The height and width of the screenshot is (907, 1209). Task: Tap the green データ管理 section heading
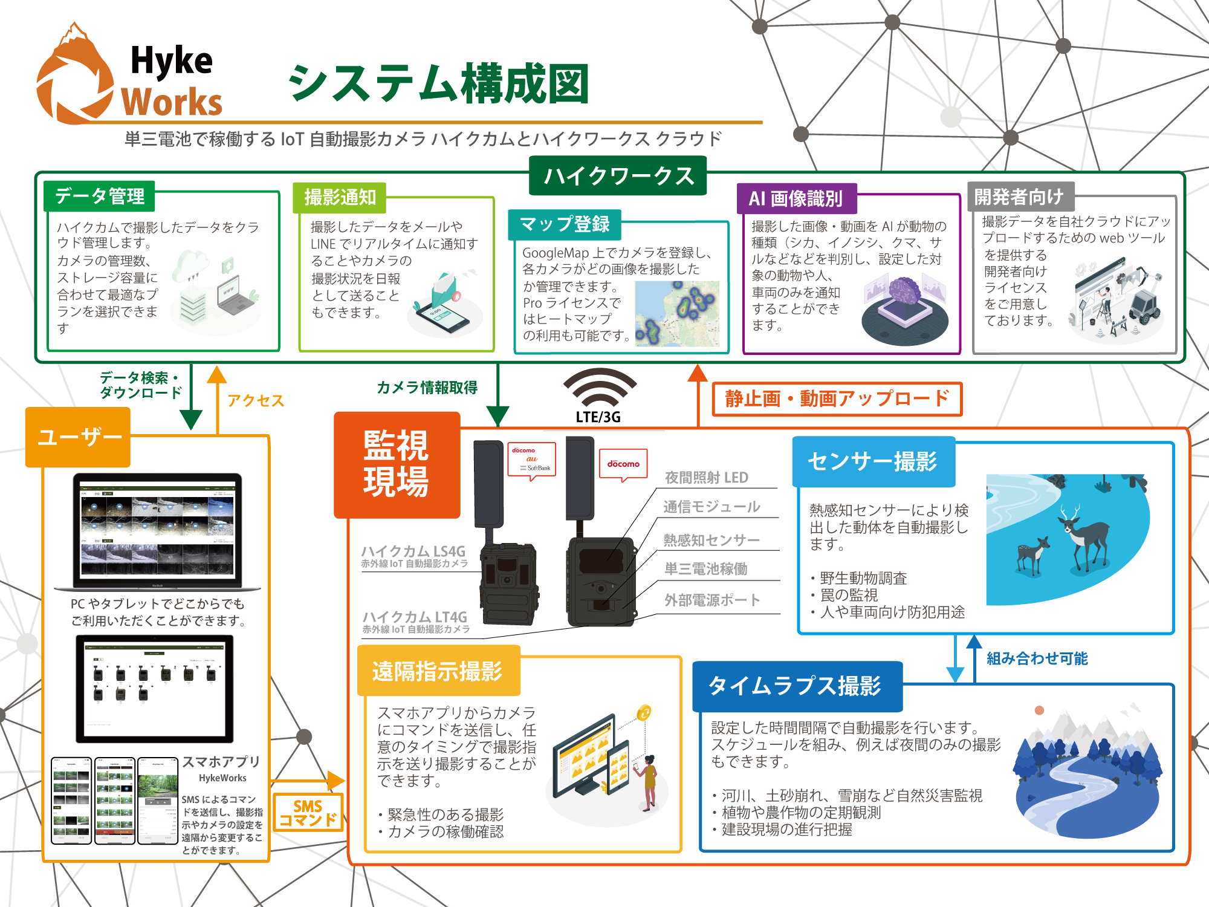point(100,196)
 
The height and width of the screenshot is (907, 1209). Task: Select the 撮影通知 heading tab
point(340,197)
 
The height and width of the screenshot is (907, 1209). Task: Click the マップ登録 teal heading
point(565,224)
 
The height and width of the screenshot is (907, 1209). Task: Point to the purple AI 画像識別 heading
point(796,198)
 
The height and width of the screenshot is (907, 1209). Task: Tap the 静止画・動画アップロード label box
point(837,399)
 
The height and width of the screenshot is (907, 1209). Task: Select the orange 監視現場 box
point(397,464)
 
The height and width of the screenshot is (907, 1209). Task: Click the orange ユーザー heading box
point(79,437)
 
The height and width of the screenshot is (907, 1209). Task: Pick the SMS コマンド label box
point(308,813)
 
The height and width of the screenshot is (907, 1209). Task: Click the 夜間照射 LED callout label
point(706,478)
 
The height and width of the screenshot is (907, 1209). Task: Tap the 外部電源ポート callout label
point(712,600)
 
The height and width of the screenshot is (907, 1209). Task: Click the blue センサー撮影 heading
point(873,461)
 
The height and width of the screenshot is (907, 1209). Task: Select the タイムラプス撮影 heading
point(796,686)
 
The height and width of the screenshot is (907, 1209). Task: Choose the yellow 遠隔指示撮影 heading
point(438,671)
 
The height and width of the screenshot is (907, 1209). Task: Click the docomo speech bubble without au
point(623,464)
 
